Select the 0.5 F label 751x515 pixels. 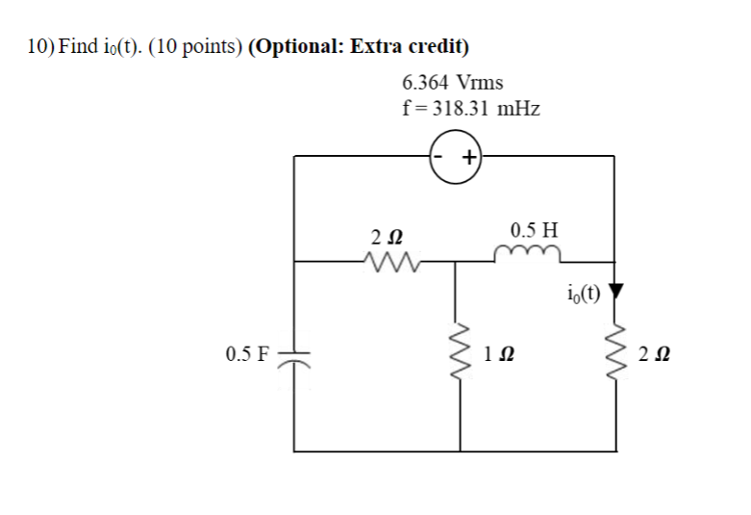coord(247,354)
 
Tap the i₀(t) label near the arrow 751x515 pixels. coord(584,294)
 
